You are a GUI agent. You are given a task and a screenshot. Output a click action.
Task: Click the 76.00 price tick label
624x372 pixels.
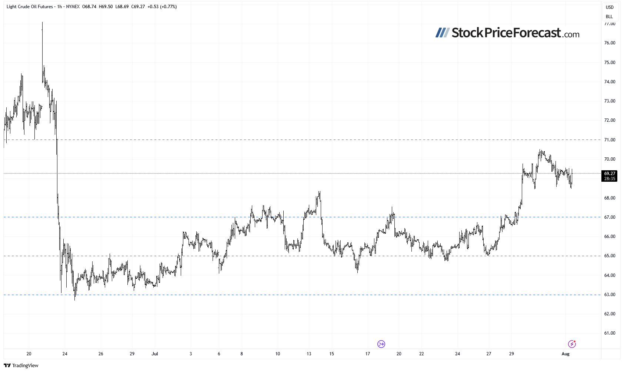[610, 43]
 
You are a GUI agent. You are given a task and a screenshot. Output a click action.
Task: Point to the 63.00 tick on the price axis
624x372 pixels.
[610, 295]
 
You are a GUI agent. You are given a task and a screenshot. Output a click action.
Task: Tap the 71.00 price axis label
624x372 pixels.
[610, 140]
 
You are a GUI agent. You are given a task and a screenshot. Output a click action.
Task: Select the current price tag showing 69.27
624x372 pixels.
[610, 174]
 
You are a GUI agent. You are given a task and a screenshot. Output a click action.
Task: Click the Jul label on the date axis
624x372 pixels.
[155, 354]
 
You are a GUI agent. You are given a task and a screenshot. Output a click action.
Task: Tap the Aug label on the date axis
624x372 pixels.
[565, 354]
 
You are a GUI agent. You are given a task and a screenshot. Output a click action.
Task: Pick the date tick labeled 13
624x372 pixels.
[309, 354]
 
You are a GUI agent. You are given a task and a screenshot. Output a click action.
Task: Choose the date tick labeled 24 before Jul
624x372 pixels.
[65, 354]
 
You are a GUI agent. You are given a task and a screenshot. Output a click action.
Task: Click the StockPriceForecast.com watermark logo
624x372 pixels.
[507, 33]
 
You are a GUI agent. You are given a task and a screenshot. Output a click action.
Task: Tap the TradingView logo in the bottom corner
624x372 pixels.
[21, 366]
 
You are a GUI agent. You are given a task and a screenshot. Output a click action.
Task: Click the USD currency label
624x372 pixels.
[610, 7]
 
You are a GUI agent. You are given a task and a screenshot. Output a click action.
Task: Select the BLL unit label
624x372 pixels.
[609, 17]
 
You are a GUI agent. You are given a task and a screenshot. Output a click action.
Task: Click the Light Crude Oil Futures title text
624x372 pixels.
[30, 7]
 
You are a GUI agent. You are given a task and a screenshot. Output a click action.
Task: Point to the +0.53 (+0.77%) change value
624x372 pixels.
[162, 7]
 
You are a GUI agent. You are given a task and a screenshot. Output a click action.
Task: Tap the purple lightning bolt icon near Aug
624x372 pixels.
[572, 344]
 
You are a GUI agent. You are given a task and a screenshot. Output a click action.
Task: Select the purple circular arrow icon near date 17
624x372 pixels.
[381, 344]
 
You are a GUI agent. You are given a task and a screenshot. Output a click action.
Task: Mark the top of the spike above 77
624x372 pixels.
[42, 22]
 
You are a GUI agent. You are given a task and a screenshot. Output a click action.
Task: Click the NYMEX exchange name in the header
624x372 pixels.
[73, 7]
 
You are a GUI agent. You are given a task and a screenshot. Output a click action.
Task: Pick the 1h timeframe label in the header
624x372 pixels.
[60, 7]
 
